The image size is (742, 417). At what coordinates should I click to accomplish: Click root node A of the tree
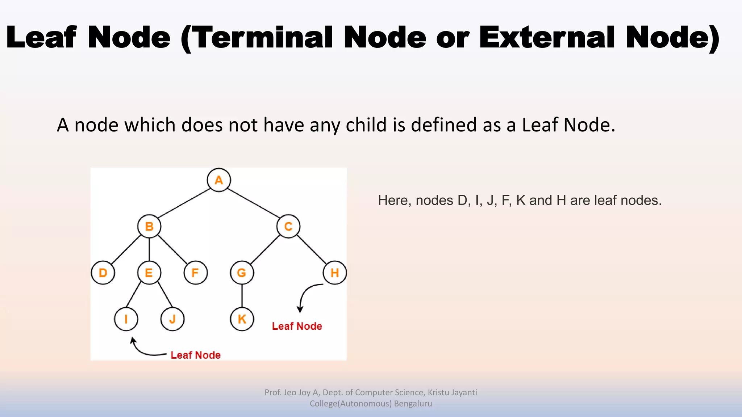(219, 180)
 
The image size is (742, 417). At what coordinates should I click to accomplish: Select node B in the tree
(149, 226)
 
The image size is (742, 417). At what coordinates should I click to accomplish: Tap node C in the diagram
(288, 226)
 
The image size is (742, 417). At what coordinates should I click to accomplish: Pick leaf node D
(103, 273)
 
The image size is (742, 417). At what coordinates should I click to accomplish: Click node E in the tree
(149, 273)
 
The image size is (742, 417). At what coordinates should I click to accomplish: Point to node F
(196, 273)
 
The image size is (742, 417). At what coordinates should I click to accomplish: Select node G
(242, 273)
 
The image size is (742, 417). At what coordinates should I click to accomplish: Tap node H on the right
(335, 273)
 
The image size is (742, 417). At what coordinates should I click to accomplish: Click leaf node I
(126, 319)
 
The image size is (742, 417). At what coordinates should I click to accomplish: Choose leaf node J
(172, 319)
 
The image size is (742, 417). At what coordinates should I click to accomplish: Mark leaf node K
(242, 319)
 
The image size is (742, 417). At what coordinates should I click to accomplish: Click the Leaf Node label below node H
(297, 326)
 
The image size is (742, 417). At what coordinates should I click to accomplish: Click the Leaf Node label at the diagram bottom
(195, 355)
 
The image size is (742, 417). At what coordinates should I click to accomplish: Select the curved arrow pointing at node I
(143, 351)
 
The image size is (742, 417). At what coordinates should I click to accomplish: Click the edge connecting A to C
(254, 203)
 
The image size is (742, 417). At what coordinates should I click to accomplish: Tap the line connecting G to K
(242, 296)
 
